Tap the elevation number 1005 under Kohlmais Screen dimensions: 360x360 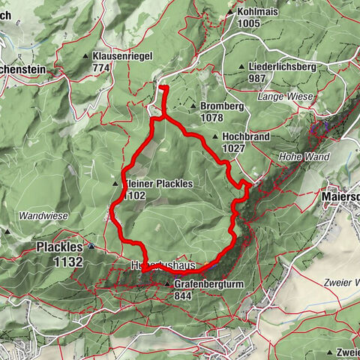[249, 24]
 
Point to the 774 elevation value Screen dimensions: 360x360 [103, 67]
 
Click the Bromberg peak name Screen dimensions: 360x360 [222, 106]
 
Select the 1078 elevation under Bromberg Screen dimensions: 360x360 [214, 118]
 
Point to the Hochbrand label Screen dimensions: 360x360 [244, 137]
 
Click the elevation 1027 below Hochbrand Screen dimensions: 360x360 [234, 148]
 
